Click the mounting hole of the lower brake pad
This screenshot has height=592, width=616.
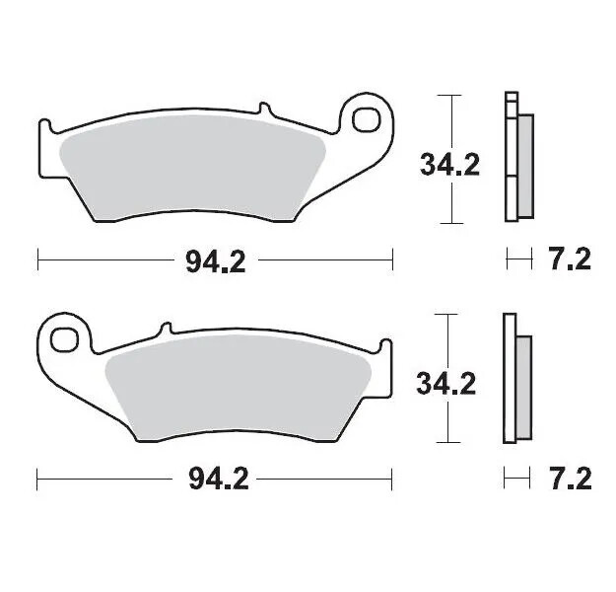(65, 337)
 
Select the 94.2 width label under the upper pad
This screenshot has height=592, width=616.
(215, 260)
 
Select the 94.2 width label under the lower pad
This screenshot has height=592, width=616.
(215, 481)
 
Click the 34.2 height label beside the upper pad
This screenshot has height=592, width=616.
(449, 163)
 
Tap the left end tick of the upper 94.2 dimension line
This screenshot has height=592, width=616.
(37, 260)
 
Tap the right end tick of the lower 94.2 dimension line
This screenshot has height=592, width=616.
(392, 481)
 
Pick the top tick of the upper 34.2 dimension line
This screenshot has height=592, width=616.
(449, 96)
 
